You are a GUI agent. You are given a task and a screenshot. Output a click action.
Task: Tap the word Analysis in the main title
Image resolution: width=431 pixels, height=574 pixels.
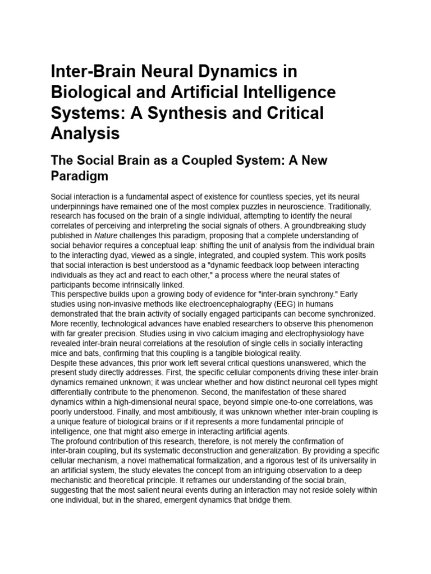[85, 133]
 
